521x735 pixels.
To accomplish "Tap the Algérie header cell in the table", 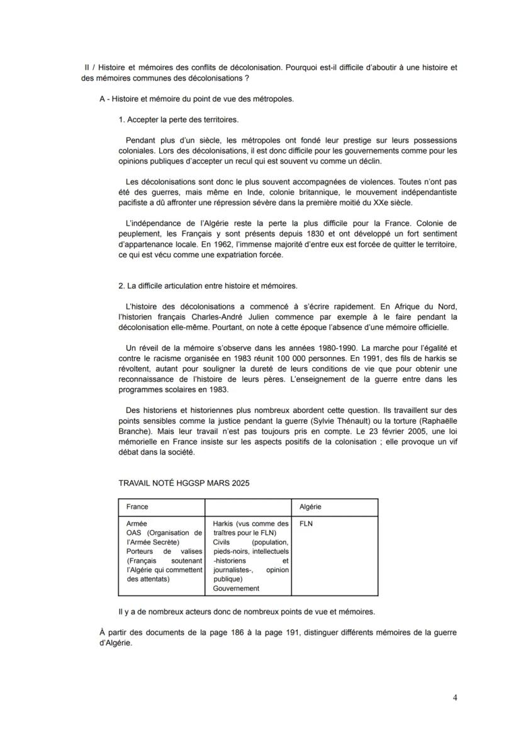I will [310, 507].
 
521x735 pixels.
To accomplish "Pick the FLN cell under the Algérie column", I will [306, 522].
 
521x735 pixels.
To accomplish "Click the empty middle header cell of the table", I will [248, 507].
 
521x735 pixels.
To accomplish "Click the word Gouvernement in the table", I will [236, 589].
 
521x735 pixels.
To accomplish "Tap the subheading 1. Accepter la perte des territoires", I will [179, 119].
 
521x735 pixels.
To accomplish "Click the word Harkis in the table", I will [223, 523].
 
